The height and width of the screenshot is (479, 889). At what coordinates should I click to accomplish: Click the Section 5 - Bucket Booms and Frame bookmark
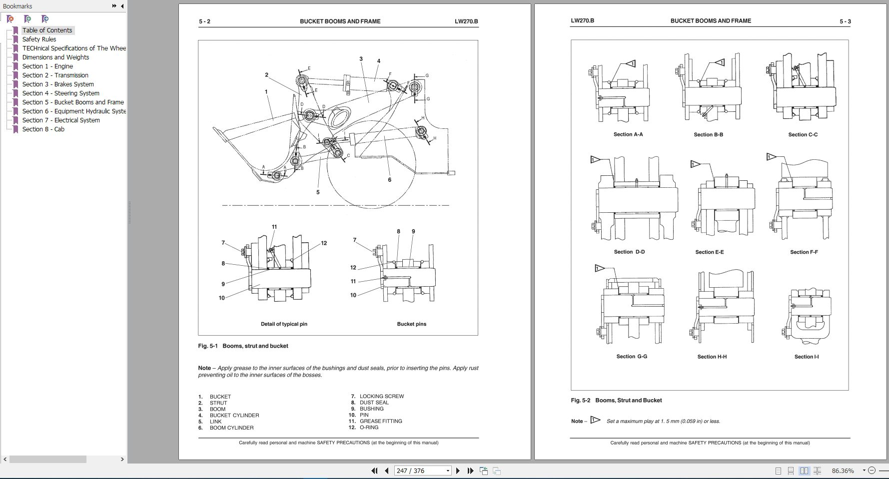coord(73,102)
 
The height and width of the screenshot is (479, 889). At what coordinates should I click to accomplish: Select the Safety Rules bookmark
coord(39,39)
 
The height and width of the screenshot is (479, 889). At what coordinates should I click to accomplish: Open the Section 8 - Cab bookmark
coord(43,129)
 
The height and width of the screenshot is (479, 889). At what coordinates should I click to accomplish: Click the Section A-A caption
coord(628,134)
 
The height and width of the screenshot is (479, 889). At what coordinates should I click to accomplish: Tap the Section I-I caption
coord(806,357)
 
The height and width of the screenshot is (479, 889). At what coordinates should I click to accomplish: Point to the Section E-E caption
coord(709,252)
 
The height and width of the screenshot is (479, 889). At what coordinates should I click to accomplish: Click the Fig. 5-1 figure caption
coord(243,346)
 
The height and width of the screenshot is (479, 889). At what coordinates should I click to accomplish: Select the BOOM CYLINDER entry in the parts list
coord(231,428)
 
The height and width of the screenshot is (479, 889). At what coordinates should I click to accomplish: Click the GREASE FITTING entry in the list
coord(381,421)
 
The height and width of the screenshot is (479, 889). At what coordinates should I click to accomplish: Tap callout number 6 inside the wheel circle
coord(390,180)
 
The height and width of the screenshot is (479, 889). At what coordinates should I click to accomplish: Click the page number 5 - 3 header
coord(845,21)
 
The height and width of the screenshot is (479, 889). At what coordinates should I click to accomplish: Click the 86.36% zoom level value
coord(843,471)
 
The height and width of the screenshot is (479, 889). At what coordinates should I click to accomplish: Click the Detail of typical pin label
coord(284,324)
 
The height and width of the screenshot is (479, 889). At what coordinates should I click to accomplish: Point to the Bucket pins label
coord(411,324)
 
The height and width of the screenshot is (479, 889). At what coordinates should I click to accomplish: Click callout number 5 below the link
coord(318,192)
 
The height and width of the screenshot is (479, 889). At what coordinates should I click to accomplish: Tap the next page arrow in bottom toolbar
coord(458,471)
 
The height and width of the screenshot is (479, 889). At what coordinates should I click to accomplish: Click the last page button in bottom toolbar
coord(470,471)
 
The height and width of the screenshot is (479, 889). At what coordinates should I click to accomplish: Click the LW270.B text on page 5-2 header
coord(466,21)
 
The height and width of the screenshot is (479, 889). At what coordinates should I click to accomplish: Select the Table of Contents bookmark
coord(47,30)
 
